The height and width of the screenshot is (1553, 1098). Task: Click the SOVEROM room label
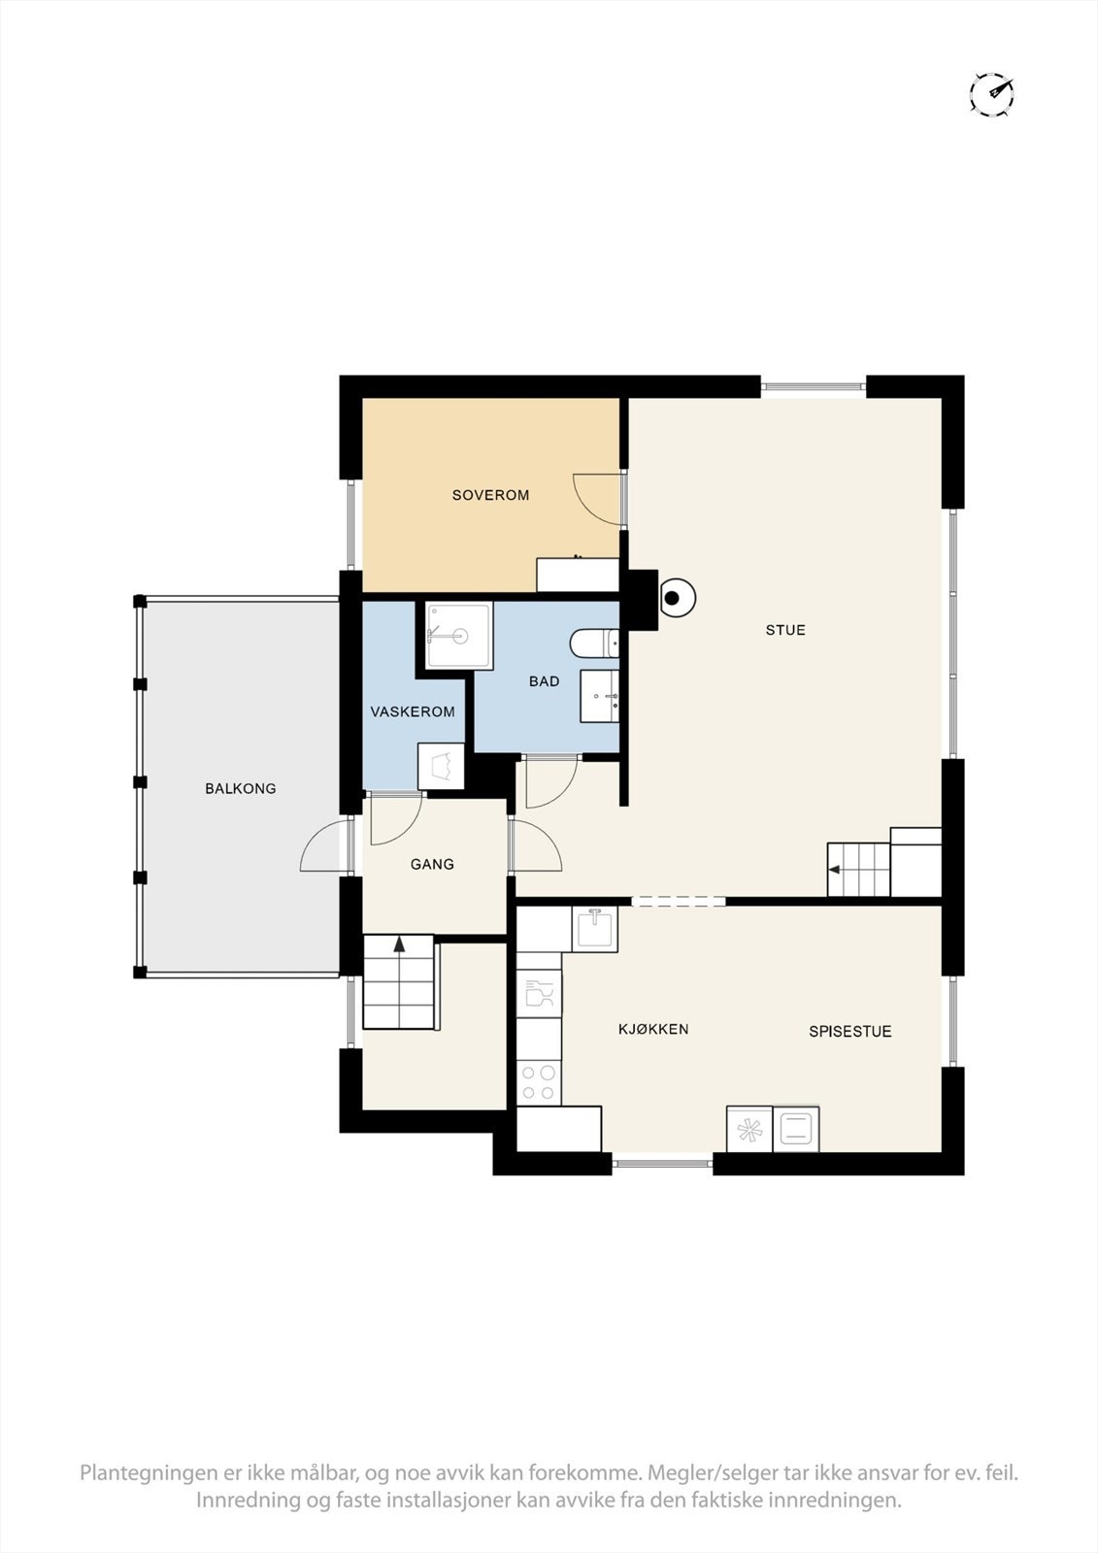tap(490, 495)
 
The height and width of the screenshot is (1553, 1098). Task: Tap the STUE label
tap(785, 630)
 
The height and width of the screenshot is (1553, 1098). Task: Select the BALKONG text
tap(241, 788)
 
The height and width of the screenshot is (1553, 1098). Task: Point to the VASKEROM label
tap(413, 711)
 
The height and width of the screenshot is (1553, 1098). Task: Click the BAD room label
tap(544, 681)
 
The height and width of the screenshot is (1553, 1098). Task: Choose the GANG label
tap(432, 864)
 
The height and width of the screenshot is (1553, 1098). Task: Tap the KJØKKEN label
tap(653, 1029)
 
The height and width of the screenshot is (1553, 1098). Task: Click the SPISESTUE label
tap(849, 1031)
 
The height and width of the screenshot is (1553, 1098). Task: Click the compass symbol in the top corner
tap(992, 92)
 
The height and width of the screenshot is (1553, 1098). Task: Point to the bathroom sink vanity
tap(600, 695)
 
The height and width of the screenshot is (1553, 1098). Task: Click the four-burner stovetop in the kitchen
tap(538, 1082)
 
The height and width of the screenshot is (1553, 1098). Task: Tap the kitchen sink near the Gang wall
tap(594, 928)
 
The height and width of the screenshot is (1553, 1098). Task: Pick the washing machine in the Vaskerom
tap(441, 766)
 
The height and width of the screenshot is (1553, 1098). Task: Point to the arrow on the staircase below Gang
tap(399, 944)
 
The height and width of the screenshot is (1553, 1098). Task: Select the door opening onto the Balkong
tap(324, 844)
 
